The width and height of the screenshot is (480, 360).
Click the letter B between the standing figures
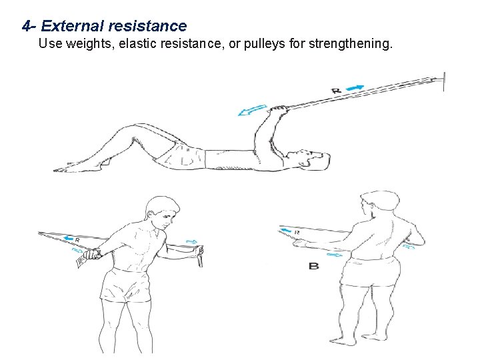tap(314, 266)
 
